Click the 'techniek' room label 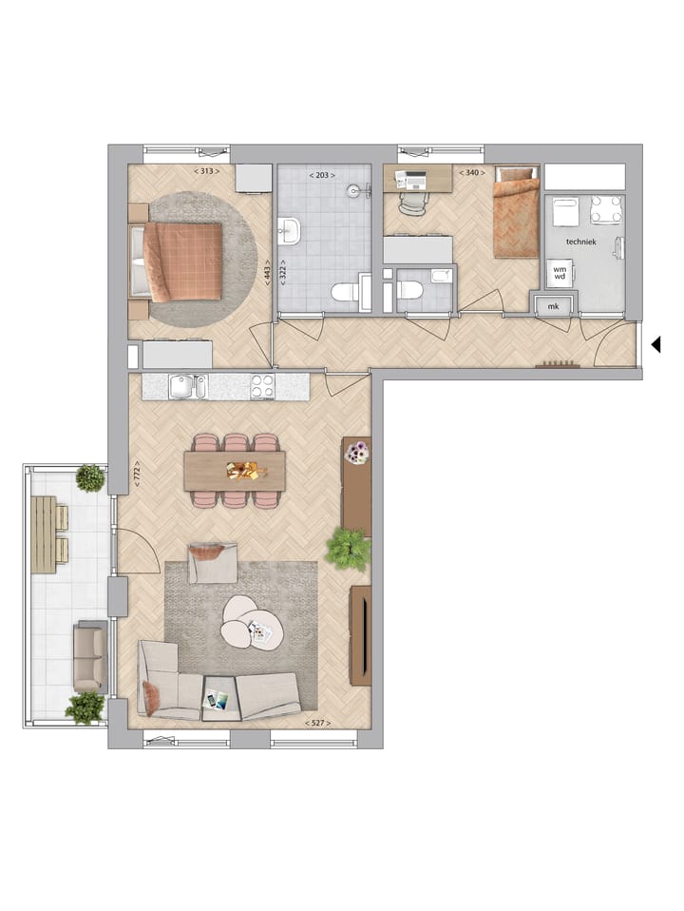(x=580, y=242)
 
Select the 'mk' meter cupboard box (x=554, y=306)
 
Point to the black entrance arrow (x=655, y=345)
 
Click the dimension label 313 (x=206, y=171)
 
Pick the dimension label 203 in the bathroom (x=323, y=175)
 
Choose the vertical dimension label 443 (x=269, y=274)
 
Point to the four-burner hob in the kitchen (x=262, y=386)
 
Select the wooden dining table (x=235, y=471)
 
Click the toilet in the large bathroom (x=344, y=292)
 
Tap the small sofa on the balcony (x=89, y=656)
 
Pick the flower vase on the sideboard (x=356, y=455)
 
